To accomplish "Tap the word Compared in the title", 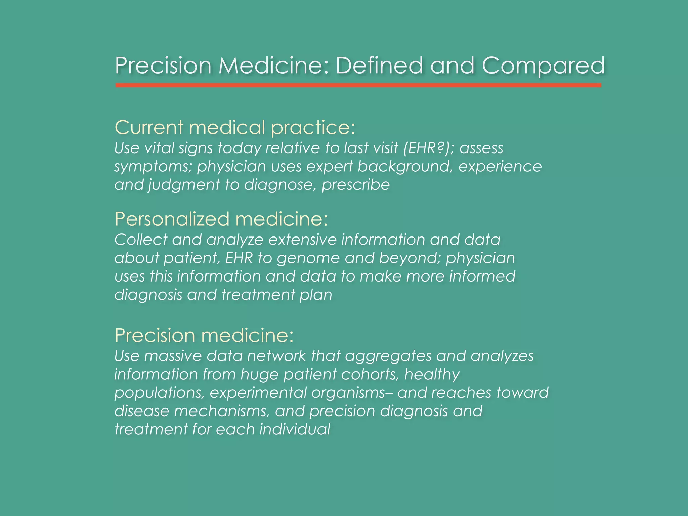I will click(543, 66).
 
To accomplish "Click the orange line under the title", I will click(358, 85).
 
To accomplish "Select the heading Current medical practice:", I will click(234, 128).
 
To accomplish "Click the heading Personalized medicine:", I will click(221, 219).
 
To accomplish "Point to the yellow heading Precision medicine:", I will click(204, 335).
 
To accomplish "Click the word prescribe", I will click(356, 185).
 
